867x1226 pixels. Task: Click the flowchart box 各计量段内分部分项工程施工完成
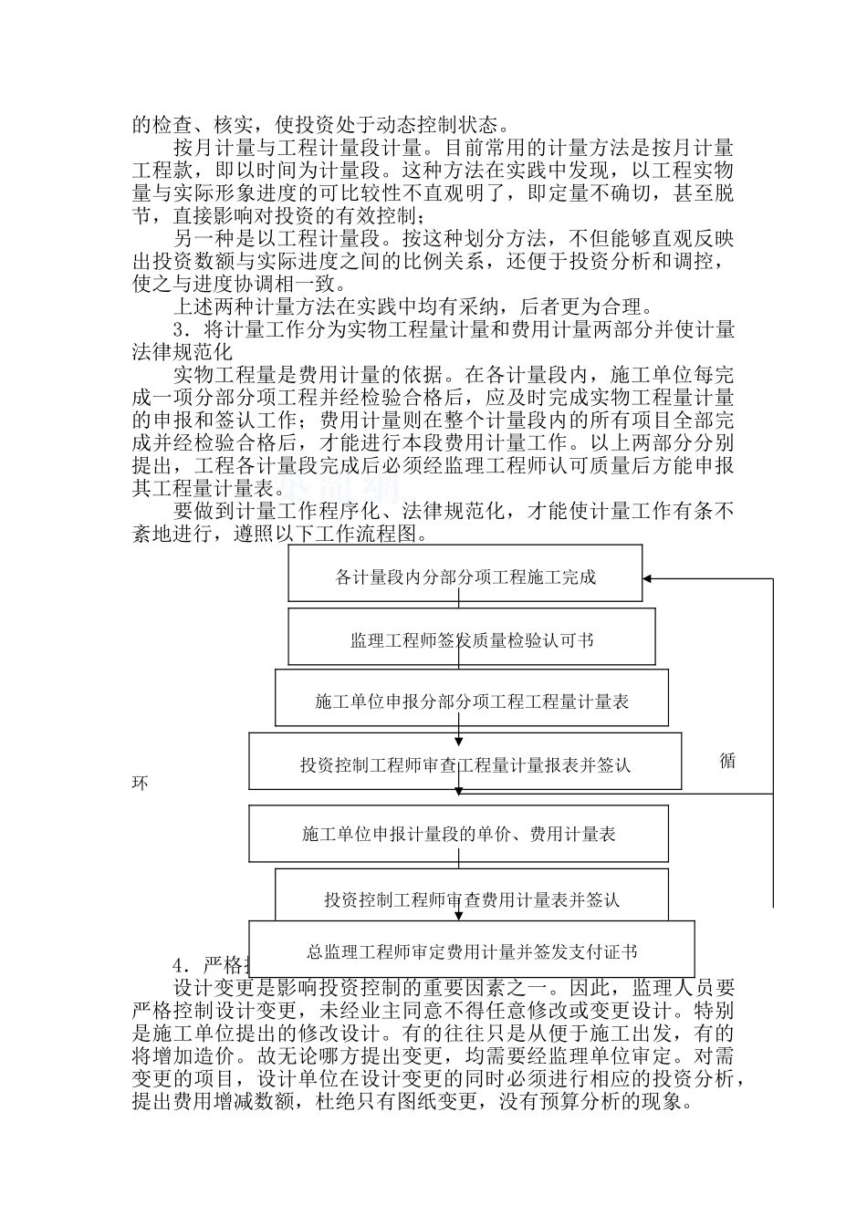click(465, 577)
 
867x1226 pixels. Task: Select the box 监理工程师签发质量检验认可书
click(471, 639)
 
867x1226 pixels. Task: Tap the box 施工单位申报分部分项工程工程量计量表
click(471, 701)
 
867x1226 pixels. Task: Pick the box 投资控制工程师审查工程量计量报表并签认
click(465, 764)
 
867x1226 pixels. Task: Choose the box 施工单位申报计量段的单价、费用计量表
click(458, 834)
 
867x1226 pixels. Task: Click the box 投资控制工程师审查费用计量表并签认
click(471, 899)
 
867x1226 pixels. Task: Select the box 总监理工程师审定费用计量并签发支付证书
click(471, 951)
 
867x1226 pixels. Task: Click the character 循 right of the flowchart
click(727, 761)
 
